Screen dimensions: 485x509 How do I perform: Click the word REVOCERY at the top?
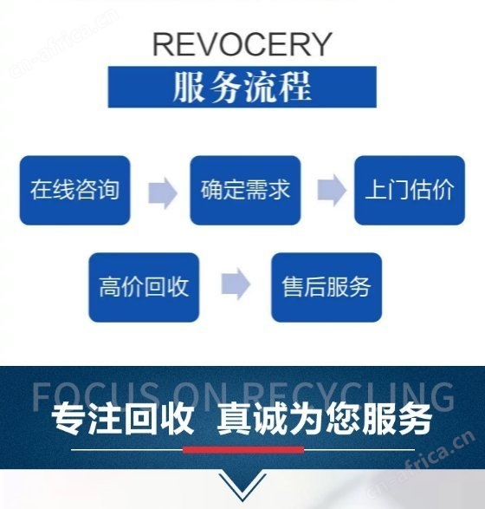tap(242, 44)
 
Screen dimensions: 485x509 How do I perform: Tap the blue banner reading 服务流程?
tap(242, 87)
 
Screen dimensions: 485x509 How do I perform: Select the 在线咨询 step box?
tap(74, 190)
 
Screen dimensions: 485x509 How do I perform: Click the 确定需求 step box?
tap(245, 190)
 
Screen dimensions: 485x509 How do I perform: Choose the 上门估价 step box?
tap(410, 190)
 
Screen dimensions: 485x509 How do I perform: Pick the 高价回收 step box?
tap(144, 287)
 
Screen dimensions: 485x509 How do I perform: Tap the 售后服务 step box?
tap(327, 287)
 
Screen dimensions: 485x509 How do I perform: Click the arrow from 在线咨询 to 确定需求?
tap(163, 193)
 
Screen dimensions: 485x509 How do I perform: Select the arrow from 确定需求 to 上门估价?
tap(332, 190)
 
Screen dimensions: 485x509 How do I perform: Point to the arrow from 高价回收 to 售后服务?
tap(236, 284)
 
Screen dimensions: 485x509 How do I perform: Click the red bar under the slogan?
tap(243, 449)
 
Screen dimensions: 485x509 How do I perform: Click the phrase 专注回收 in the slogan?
tap(122, 419)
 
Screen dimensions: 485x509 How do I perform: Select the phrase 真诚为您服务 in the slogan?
tap(324, 419)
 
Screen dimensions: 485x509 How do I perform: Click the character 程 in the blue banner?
tap(295, 87)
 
